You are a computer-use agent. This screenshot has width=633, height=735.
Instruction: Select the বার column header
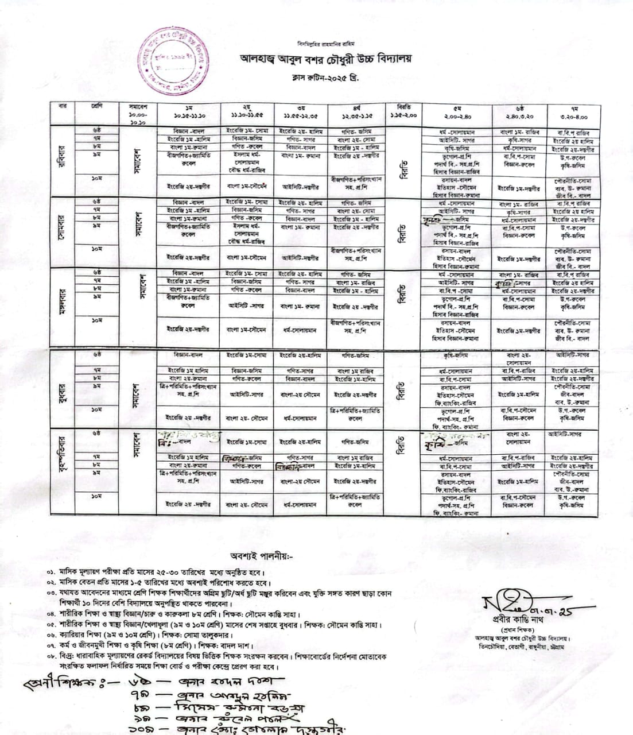click(x=63, y=106)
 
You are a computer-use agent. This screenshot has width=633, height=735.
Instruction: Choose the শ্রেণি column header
click(x=97, y=106)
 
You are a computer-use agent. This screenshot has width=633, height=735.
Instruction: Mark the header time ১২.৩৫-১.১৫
click(x=355, y=115)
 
